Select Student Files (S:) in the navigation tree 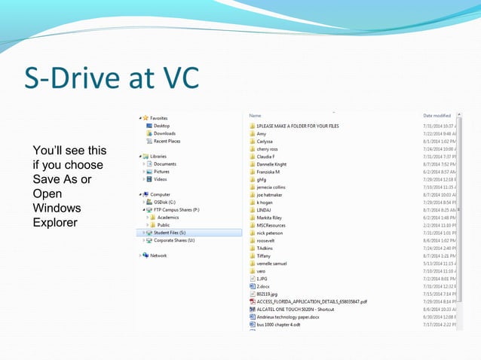(173, 233)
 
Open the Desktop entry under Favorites (161, 126)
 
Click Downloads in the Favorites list (164, 133)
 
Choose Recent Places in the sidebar (167, 141)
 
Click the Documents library (164, 163)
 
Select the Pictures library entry (162, 172)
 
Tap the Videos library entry (161, 179)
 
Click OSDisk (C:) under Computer (165, 202)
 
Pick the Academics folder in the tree (168, 217)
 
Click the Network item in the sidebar (158, 255)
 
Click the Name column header (255, 115)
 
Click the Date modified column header (437, 115)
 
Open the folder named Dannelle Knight (271, 164)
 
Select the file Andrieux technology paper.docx (289, 317)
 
